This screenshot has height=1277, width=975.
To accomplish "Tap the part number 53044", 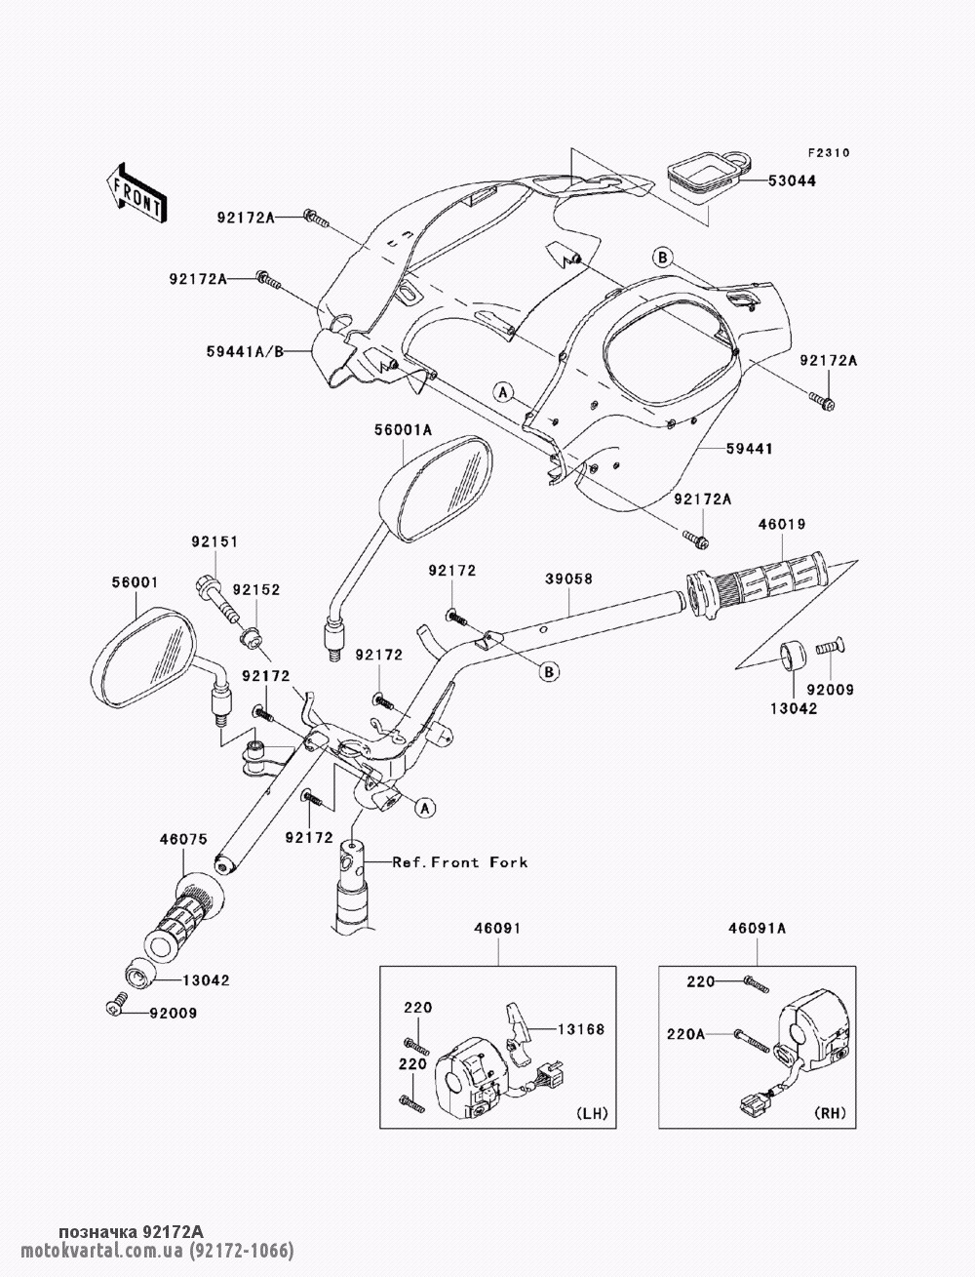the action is coord(792,180).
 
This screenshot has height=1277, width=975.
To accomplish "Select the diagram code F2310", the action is coord(829,153).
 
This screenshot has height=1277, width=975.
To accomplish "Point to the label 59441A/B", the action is coord(246,351).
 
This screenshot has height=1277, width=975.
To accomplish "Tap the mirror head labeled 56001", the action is coord(143,658).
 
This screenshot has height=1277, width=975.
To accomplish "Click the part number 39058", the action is coord(568,579).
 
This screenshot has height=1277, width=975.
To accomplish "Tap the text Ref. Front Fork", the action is coord(460,862).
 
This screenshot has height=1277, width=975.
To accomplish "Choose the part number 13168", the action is coord(581,1029).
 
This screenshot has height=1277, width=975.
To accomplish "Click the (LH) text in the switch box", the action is coord(592,1113).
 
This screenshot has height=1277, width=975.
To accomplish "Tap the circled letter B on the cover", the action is coord(662,257).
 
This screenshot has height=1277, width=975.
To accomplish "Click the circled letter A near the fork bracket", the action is coord(425,808).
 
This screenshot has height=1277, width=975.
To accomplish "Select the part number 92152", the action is coord(256,590).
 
